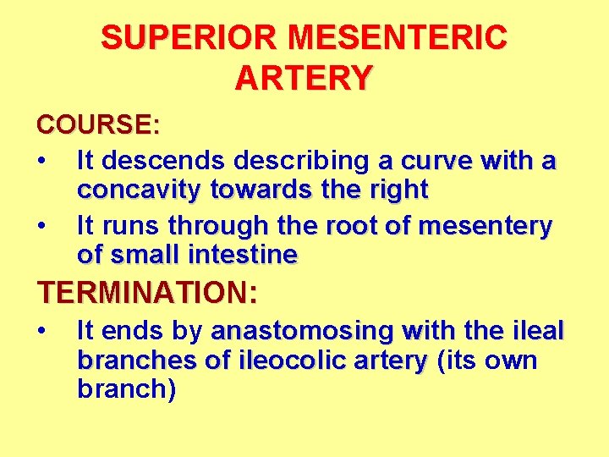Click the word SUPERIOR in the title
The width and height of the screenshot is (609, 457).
189,38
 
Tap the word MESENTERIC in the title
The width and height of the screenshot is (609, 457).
398,38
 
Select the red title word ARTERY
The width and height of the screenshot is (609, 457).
304,78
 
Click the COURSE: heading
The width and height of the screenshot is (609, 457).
98,125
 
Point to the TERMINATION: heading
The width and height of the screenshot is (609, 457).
146,293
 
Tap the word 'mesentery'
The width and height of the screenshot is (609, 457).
486,226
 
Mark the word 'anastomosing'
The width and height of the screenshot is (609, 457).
304,329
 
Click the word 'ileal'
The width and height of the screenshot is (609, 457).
534,329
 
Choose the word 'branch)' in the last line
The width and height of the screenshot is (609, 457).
126,390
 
